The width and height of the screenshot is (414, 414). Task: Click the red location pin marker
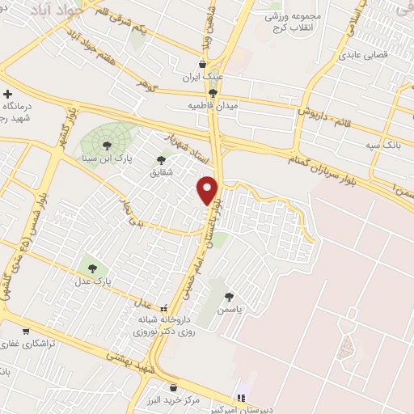[209, 190]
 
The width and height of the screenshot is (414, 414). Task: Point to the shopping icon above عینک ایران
[203, 65]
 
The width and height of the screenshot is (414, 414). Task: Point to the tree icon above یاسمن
[231, 296]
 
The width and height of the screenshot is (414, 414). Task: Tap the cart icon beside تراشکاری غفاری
[26, 330]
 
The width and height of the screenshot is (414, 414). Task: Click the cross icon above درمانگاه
[7, 94]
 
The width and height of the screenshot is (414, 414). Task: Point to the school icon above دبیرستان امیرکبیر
[239, 397]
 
